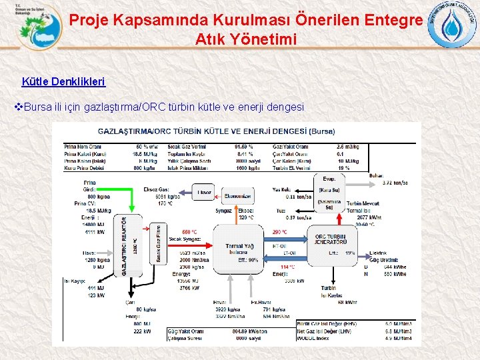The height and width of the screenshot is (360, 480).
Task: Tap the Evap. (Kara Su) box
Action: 329,183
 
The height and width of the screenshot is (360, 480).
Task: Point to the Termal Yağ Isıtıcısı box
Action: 239,251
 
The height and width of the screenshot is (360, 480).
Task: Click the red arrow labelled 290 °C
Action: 286,239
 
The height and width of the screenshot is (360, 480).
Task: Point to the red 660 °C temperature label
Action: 189,232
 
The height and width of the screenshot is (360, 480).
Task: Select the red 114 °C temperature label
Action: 287,267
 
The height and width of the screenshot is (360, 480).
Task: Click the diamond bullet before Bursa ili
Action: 19,107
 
